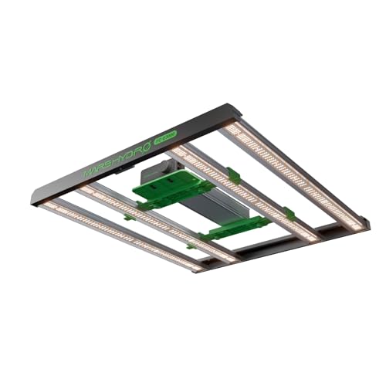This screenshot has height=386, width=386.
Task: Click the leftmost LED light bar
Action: (124, 235)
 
